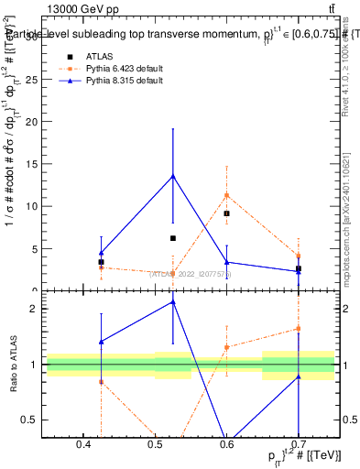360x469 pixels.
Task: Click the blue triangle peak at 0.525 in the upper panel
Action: click(x=173, y=175)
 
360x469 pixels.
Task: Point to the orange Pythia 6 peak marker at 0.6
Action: click(x=226, y=195)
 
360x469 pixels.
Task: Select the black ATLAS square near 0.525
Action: click(x=173, y=238)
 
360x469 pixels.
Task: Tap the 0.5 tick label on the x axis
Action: click(x=155, y=444)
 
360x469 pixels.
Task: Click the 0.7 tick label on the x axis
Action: click(x=299, y=444)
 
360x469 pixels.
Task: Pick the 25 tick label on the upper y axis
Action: click(x=33, y=80)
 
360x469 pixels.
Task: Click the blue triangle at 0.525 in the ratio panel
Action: click(x=173, y=301)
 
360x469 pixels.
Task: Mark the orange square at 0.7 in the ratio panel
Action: click(x=299, y=329)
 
